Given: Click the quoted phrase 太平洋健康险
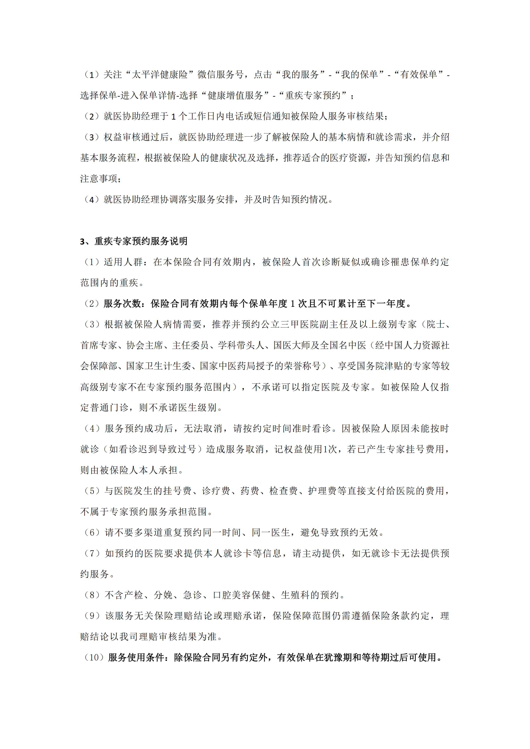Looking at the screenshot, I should (x=159, y=75).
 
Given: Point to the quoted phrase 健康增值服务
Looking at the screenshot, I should (x=235, y=96).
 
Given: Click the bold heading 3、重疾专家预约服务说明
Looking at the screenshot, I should (x=134, y=241).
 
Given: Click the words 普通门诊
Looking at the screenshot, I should (x=109, y=408).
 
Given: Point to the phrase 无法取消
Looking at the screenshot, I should (x=203, y=429).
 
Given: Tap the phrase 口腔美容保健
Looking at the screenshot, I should (x=242, y=595).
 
